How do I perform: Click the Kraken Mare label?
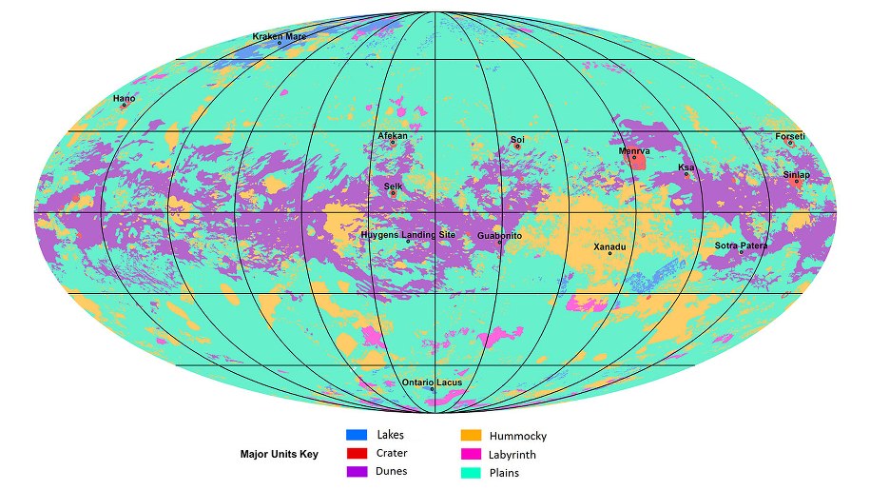pos(279,37)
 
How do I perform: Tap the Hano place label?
pos(124,99)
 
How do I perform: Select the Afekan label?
pos(393,136)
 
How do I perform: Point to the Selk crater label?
pos(393,186)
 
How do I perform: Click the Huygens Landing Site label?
pos(408,235)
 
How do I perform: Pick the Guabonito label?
pos(499,236)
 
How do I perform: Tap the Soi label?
pos(517,140)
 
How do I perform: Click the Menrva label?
pos(634,150)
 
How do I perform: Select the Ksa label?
pos(686,167)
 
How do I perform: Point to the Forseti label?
pos(789,136)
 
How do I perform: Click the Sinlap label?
pos(796,175)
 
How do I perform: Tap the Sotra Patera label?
pos(741,245)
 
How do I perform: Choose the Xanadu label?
pos(609,247)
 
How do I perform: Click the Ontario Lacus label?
pos(432,382)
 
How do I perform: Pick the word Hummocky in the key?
pos(517,436)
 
